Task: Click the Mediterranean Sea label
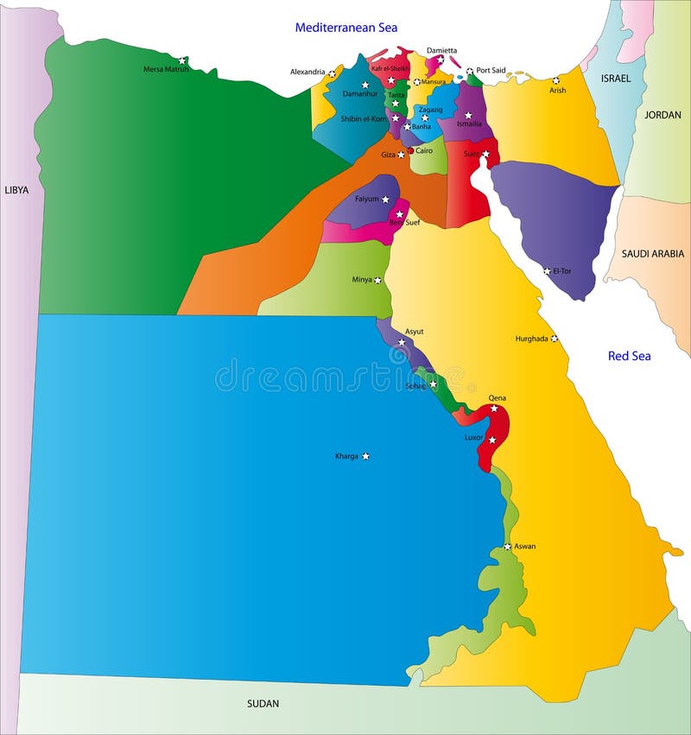click(x=346, y=28)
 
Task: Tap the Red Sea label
click(x=629, y=356)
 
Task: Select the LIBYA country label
click(x=17, y=190)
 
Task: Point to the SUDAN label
click(x=263, y=704)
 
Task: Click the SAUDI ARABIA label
click(x=653, y=254)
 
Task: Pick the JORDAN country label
click(x=662, y=114)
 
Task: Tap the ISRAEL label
click(x=616, y=78)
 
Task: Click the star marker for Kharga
click(x=365, y=456)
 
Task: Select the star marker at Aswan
click(x=508, y=546)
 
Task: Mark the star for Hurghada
click(x=555, y=339)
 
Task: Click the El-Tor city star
click(x=547, y=271)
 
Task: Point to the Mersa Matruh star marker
click(x=181, y=60)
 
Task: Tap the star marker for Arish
click(x=556, y=80)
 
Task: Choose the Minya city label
click(x=362, y=280)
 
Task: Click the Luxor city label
click(x=474, y=438)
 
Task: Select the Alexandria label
click(x=307, y=72)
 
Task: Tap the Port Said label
click(x=491, y=71)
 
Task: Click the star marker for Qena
click(x=494, y=409)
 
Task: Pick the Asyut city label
click(x=414, y=331)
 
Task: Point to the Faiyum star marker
click(x=386, y=200)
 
